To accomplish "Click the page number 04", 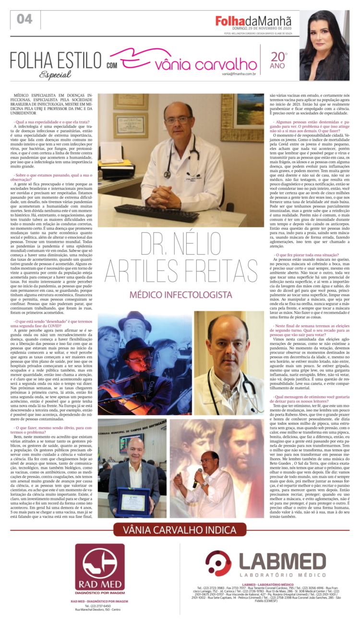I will click(x=24, y=19).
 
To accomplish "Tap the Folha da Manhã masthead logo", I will click(x=253, y=21).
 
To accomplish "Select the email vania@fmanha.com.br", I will click(x=238, y=74).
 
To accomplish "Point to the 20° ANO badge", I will click(x=278, y=60).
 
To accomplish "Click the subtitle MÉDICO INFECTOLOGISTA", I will click(x=181, y=294).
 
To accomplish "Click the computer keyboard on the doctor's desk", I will click(x=156, y=213).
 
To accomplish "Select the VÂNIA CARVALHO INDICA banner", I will click(x=180, y=530).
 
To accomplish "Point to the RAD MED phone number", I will click(x=100, y=606).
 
